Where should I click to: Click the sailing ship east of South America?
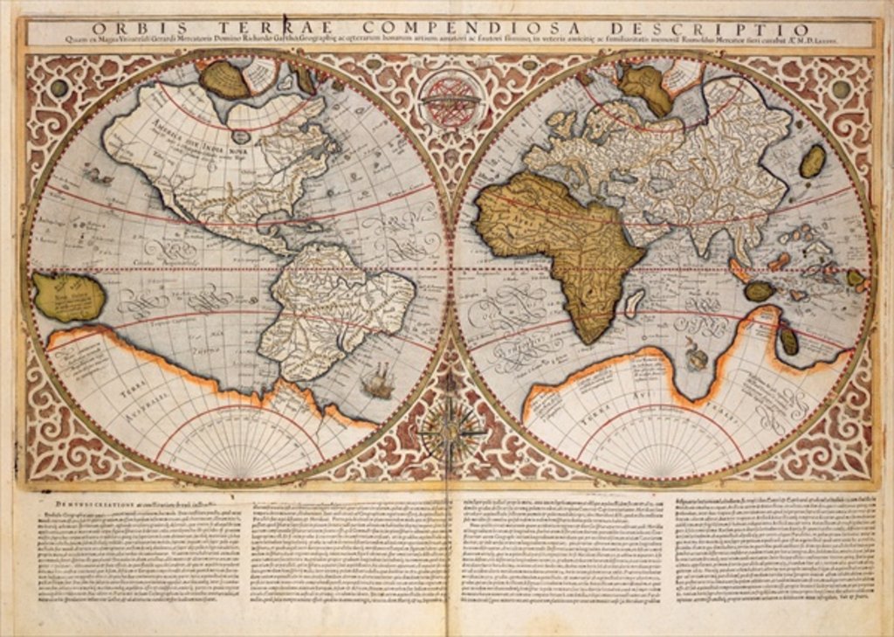(377, 382)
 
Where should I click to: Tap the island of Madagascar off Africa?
(636, 302)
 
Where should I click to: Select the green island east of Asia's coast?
(812, 161)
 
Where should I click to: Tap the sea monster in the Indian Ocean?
(696, 354)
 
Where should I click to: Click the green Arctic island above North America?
(224, 79)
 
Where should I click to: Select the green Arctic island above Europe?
(646, 87)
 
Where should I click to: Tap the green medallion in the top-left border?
(58, 88)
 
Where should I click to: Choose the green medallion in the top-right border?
(840, 89)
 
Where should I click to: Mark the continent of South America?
(332, 306)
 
